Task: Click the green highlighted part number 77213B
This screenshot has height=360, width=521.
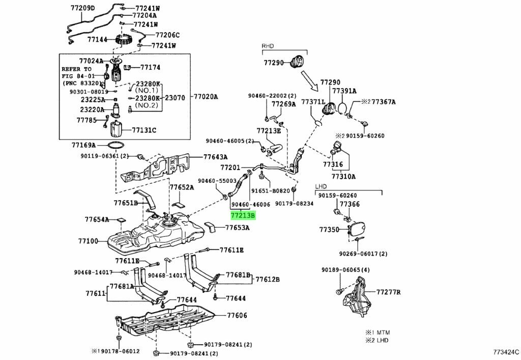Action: point(243,215)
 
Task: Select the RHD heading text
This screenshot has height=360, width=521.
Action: point(268,46)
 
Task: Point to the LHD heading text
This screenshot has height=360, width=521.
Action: point(321,187)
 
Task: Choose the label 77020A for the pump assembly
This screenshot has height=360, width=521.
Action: point(205,97)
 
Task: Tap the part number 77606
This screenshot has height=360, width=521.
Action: point(237,316)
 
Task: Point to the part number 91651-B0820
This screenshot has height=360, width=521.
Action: point(270,191)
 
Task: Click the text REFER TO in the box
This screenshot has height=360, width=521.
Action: point(77,69)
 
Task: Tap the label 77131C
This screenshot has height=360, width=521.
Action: point(144,130)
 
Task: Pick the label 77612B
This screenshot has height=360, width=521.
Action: point(267,279)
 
